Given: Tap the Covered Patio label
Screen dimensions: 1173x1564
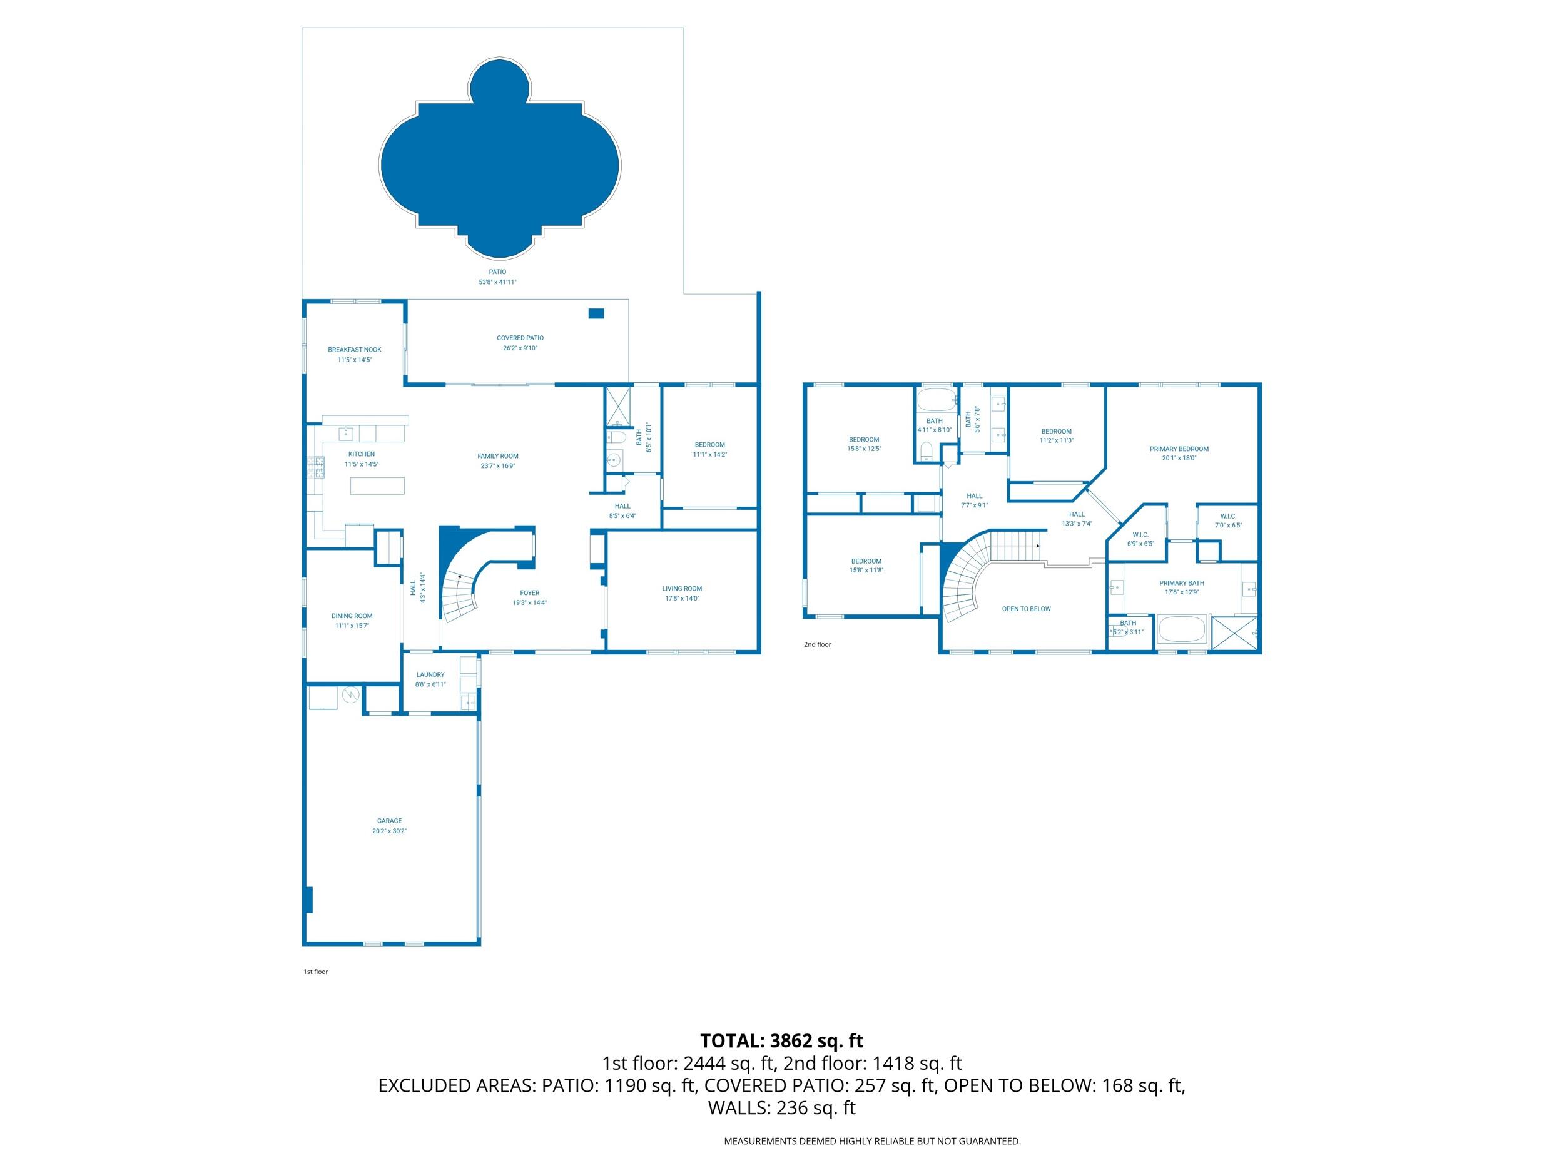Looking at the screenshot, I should (520, 338).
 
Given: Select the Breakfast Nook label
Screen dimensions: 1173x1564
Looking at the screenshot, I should (354, 349).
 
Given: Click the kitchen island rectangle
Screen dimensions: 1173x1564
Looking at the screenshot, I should (378, 485).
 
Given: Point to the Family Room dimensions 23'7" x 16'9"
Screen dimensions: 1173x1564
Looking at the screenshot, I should (497, 466).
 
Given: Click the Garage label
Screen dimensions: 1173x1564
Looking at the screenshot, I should (389, 821).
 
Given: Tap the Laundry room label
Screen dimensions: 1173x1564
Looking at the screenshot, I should (430, 674).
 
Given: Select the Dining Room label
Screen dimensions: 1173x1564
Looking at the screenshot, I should (352, 616).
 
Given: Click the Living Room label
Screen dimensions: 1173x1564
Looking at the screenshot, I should (682, 588).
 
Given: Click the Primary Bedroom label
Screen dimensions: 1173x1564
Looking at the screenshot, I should (1179, 449).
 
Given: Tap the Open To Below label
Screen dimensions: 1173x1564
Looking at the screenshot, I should (1026, 609).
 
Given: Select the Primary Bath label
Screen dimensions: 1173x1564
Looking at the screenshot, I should (1182, 583).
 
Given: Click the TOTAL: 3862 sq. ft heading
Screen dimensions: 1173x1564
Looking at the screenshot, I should (781, 1041).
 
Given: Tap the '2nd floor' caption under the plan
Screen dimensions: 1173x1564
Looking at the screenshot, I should (818, 645).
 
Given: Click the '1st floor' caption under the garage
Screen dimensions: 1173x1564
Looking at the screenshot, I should (315, 972).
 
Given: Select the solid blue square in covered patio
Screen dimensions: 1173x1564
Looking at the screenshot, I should (596, 313).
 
